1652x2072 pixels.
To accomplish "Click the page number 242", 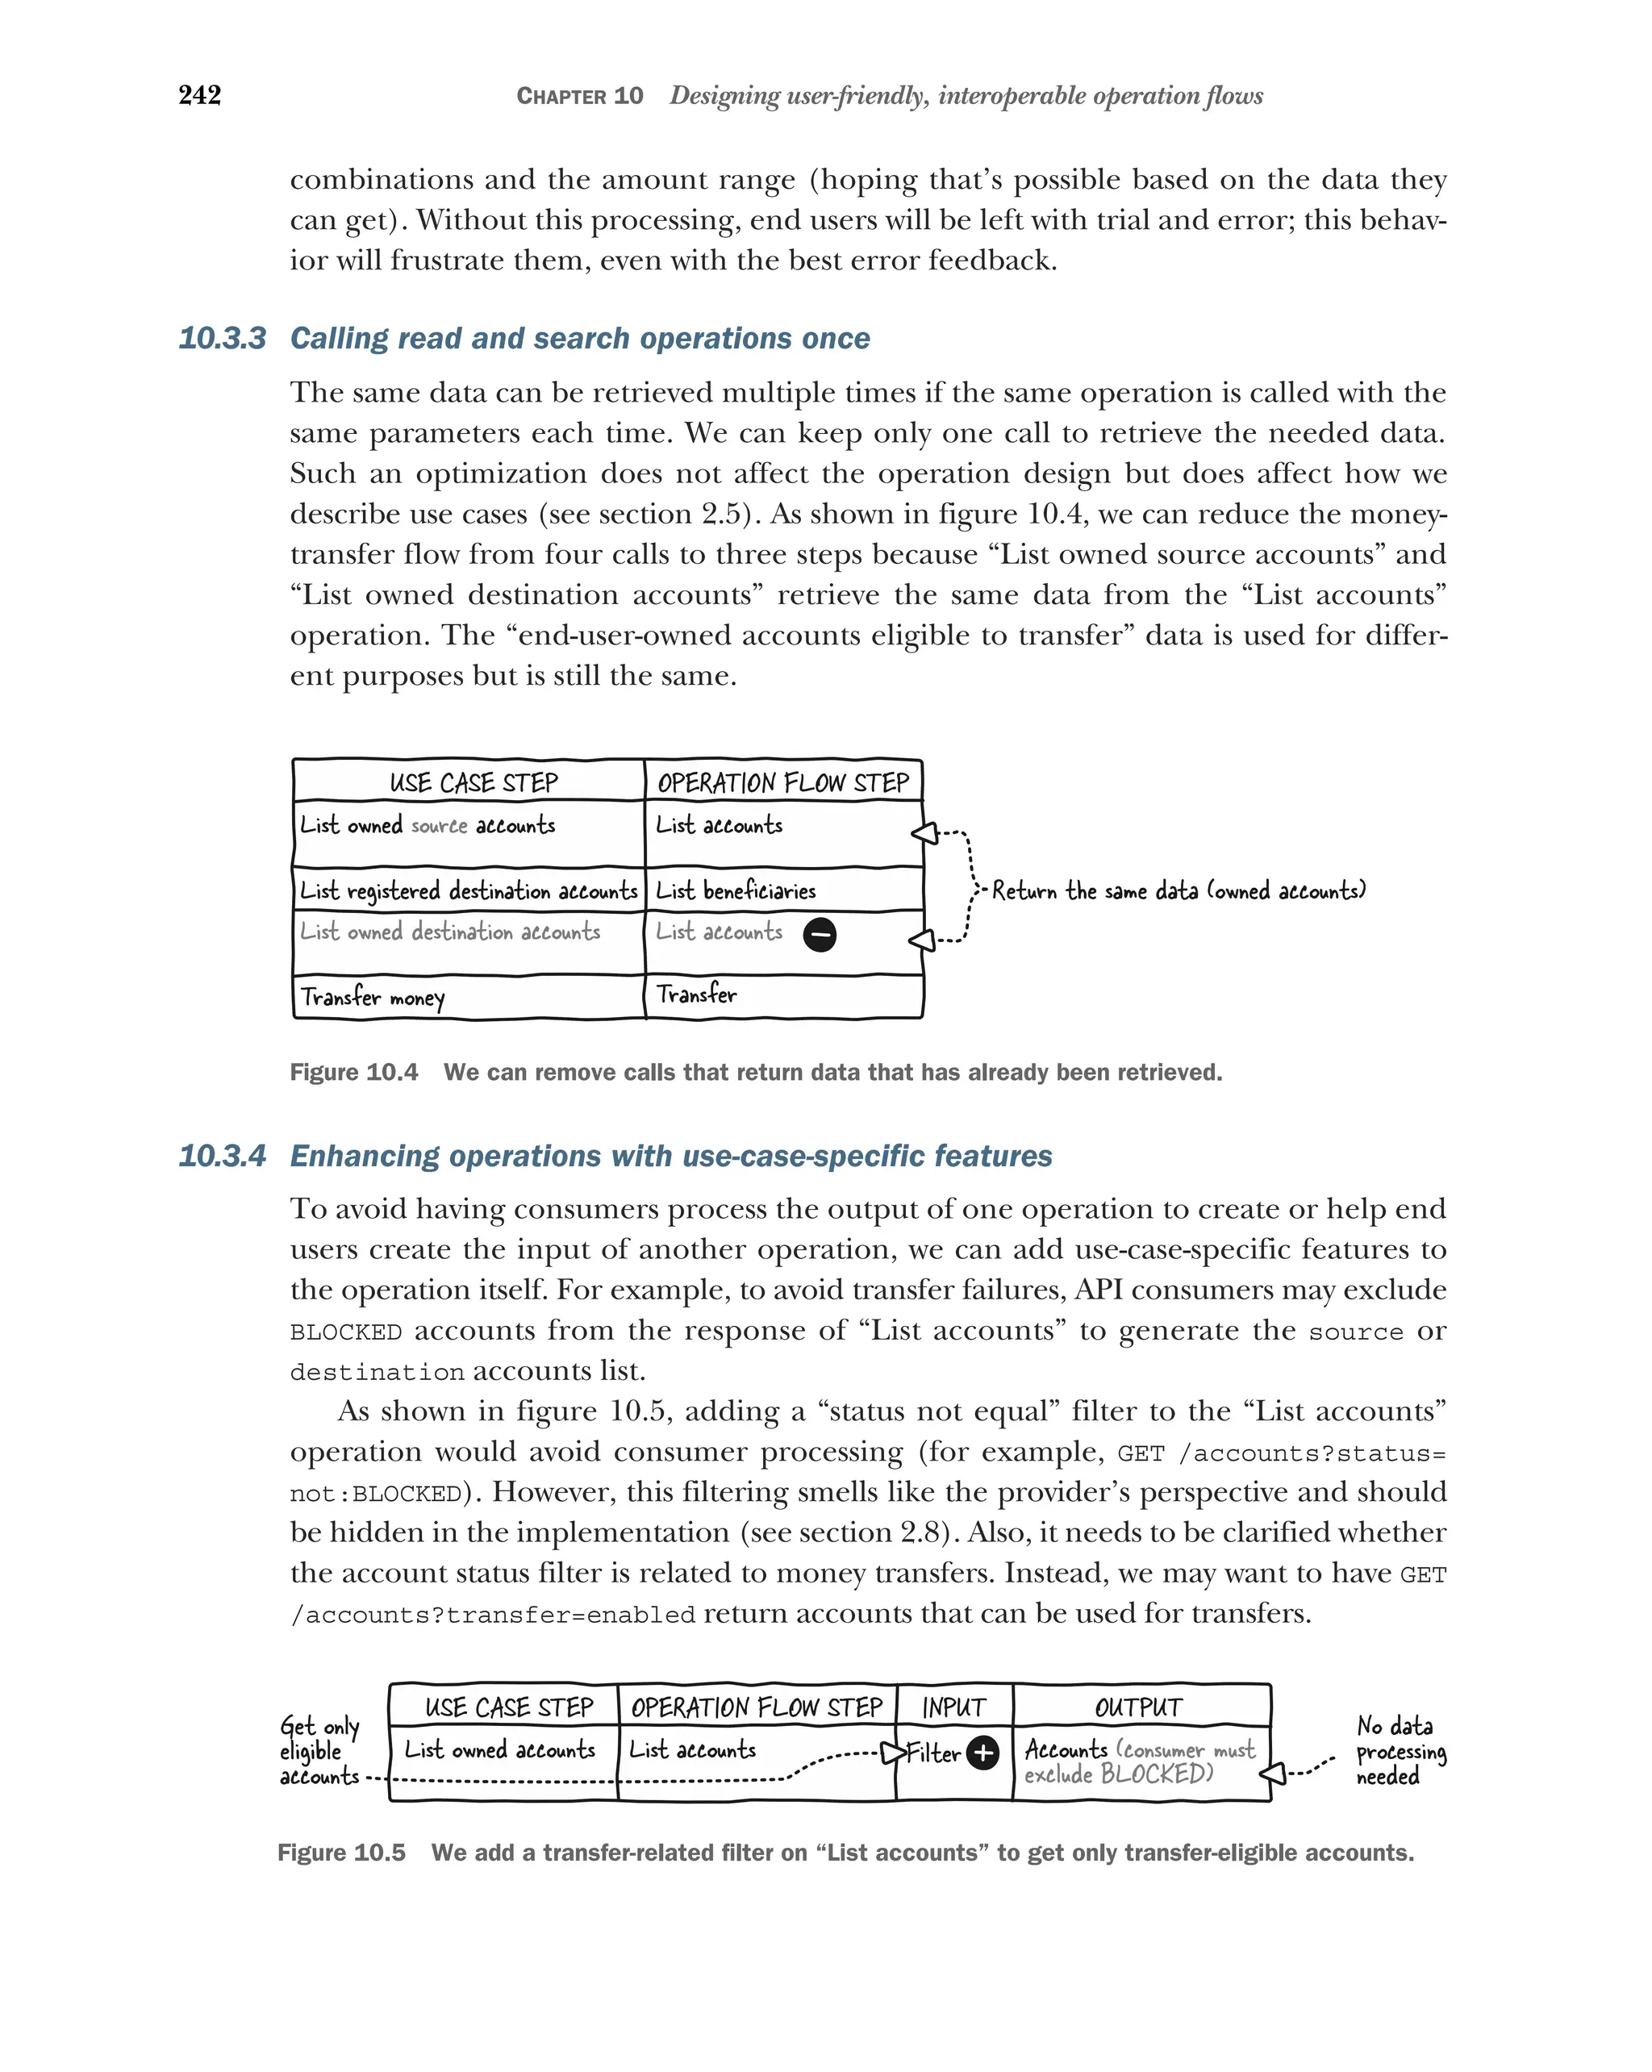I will click(x=200, y=95).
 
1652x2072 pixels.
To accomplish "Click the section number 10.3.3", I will click(x=222, y=338).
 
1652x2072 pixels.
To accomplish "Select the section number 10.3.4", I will click(x=222, y=1155).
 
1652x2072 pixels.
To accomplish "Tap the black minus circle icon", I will click(x=819, y=934).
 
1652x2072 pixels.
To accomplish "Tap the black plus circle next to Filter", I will click(x=982, y=1753).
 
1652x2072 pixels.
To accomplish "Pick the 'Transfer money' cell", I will click(x=373, y=997).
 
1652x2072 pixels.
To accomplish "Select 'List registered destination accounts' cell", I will click(x=468, y=891).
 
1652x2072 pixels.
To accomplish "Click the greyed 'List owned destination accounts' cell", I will click(x=450, y=932).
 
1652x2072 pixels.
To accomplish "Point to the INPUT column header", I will click(x=953, y=1707).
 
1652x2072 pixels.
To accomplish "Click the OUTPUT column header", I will click(x=1139, y=1707).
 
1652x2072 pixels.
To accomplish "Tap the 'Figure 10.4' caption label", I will click(x=353, y=1073).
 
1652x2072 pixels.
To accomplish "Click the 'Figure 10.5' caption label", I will click(x=341, y=1853).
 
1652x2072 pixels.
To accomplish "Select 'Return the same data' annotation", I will click(x=1177, y=891).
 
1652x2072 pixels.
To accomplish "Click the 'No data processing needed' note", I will click(x=1400, y=1751).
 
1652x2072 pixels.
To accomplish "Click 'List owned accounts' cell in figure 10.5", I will click(x=500, y=1750).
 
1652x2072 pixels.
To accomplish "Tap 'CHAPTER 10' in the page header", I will click(x=579, y=96).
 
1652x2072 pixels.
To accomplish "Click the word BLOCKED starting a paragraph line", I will click(x=346, y=1333).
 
